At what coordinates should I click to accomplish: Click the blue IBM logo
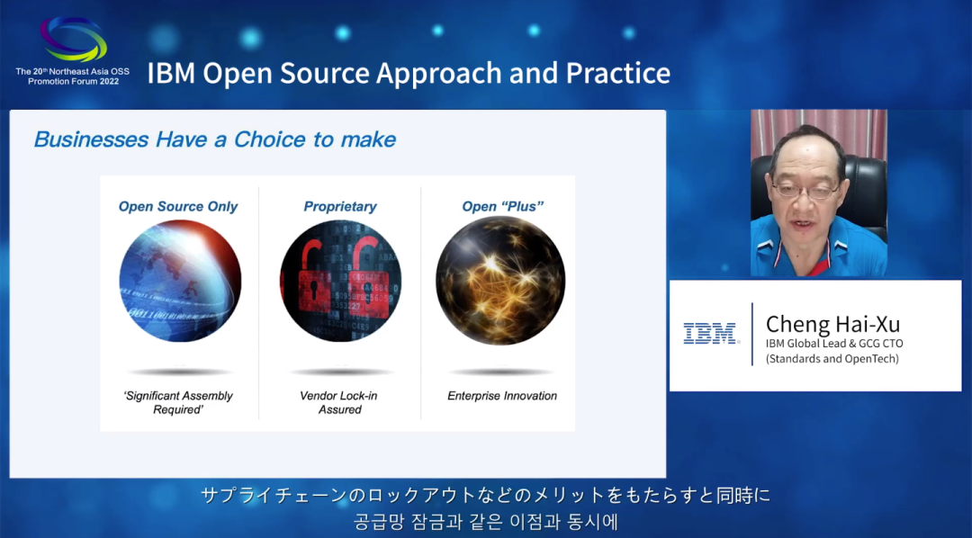(710, 333)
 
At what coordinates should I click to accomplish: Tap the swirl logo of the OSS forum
(73, 39)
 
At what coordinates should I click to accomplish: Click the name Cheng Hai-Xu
(832, 324)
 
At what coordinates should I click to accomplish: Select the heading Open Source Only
(178, 206)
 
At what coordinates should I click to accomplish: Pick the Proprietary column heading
(339, 206)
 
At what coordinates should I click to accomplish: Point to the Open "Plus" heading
(503, 206)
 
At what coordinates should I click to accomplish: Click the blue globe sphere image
(180, 281)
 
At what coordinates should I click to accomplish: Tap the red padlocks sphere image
(340, 281)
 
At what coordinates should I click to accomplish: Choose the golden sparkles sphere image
(500, 281)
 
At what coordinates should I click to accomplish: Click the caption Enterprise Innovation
(502, 396)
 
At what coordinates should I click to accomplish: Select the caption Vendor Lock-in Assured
(339, 402)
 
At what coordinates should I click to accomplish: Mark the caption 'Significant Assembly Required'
(178, 402)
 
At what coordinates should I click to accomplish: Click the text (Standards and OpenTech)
(832, 358)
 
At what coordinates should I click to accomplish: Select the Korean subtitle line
(485, 521)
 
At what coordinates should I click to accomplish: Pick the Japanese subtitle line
(485, 495)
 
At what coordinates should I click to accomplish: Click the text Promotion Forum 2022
(73, 81)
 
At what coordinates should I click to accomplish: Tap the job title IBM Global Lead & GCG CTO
(834, 344)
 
